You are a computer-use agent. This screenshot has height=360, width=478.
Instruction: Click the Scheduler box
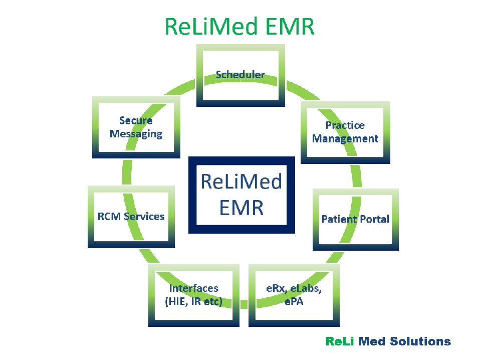pos(241,75)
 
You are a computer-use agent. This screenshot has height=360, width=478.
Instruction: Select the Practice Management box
pos(345,132)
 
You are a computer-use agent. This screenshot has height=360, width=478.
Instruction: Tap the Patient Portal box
pos(355,219)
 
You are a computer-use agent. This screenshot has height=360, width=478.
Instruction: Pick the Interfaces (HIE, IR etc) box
pos(193,295)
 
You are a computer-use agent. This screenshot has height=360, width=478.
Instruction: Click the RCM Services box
pos(131,217)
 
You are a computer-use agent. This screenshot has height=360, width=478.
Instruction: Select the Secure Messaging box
pos(136,127)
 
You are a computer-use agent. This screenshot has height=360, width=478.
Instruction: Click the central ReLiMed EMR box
pos(241,194)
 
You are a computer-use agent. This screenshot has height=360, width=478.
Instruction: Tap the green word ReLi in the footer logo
pos(339,342)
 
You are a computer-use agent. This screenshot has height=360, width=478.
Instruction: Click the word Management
pos(345,139)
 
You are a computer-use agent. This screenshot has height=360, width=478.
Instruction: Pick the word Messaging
pos(136,134)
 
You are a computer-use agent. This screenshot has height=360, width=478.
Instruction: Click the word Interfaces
pos(193,288)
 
